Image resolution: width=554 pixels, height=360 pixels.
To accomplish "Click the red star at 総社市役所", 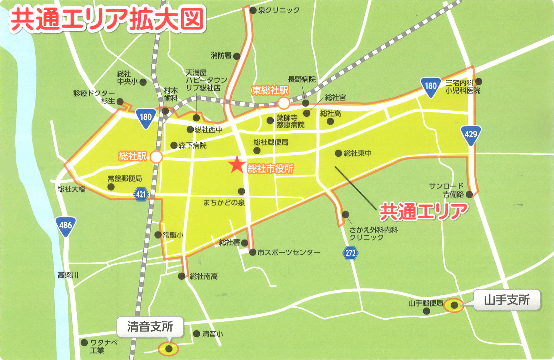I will click(x=237, y=165).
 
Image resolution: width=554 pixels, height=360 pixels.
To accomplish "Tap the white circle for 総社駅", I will click(x=156, y=157).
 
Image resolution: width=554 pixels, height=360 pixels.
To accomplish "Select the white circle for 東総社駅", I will click(x=284, y=103).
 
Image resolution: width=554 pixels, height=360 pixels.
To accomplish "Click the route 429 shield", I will click(x=471, y=135).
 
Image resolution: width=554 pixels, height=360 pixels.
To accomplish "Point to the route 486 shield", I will click(x=66, y=226).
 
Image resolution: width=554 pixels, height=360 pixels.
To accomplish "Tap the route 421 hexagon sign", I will click(x=141, y=194).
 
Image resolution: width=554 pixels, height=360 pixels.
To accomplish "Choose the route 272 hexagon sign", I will click(x=350, y=253).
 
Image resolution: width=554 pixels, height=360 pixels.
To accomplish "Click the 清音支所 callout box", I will click(x=150, y=326).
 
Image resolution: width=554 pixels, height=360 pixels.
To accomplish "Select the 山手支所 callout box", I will click(x=507, y=300).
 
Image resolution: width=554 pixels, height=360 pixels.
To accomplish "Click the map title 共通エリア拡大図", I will click(x=107, y=20).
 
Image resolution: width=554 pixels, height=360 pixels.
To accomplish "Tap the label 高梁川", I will click(x=68, y=275).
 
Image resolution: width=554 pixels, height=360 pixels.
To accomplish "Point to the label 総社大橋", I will click(x=71, y=189).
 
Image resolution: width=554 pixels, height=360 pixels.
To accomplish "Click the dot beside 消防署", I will click(x=237, y=56).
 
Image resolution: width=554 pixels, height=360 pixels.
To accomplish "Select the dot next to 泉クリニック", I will click(x=253, y=11).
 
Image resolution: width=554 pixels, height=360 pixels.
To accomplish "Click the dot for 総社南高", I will click(x=182, y=276).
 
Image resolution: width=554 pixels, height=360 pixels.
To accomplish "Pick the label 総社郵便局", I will click(x=271, y=142).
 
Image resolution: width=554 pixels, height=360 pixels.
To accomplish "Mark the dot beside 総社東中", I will click(x=338, y=153).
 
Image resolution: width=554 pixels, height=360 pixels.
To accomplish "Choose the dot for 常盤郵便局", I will click(x=111, y=187).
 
